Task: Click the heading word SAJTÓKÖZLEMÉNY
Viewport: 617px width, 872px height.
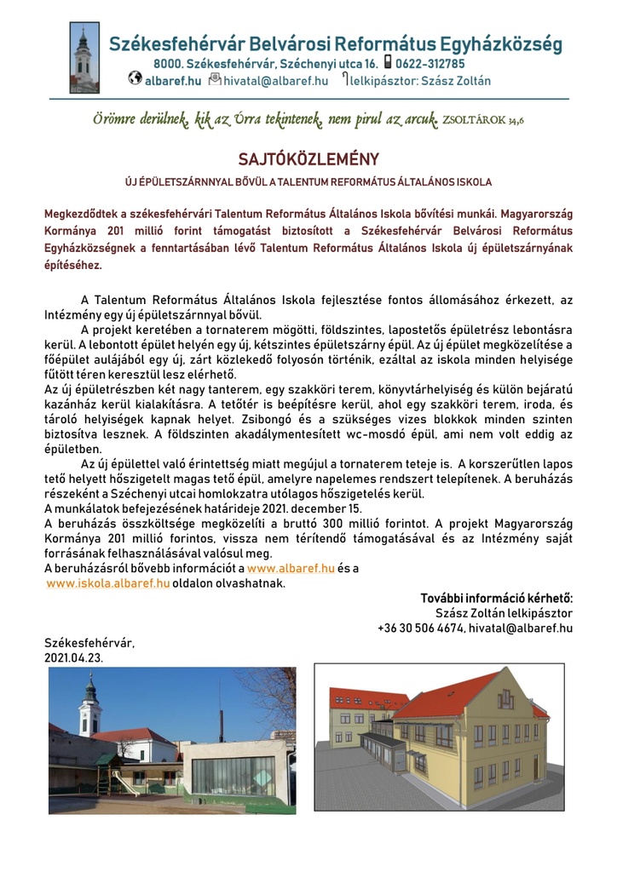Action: click(308, 158)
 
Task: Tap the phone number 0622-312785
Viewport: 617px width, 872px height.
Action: click(430, 64)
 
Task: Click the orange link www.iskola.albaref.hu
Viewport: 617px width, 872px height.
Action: click(108, 583)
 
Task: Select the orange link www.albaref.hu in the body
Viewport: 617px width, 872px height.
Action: click(290, 568)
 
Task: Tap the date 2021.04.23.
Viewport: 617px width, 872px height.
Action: click(73, 658)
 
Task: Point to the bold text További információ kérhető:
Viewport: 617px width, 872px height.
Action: click(496, 598)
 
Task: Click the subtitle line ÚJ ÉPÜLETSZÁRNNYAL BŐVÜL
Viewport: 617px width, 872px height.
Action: click(308, 182)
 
